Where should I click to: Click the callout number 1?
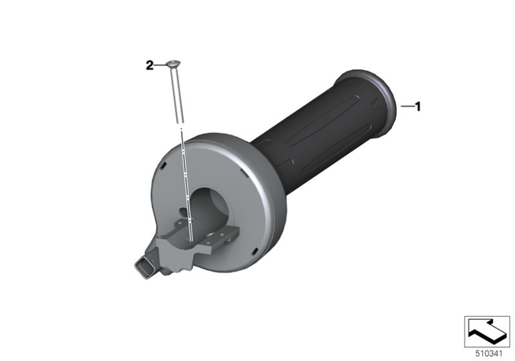point(418,106)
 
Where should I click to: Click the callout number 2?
point(150,66)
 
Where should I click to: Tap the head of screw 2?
point(173,64)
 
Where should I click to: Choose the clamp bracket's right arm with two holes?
point(221,238)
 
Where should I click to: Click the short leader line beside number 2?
point(160,65)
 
